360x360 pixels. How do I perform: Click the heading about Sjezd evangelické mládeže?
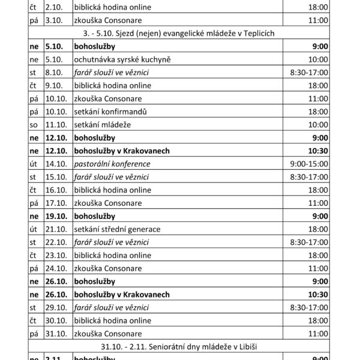(x=179, y=34)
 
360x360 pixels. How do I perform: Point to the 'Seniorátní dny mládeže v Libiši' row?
(x=179, y=347)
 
